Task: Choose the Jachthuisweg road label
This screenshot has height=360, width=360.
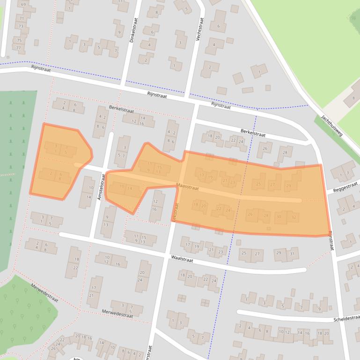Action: pos(332,126)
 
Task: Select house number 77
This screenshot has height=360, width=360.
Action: pos(19,48)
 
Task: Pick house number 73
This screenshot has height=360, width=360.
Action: pos(21,26)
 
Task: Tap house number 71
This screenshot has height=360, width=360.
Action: pos(21,18)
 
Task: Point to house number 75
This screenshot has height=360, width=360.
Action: pos(19,41)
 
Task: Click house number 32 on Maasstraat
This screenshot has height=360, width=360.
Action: pos(294,216)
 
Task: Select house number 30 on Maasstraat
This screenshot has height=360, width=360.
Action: pos(279,216)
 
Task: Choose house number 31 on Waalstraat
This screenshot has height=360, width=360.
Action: pos(292,253)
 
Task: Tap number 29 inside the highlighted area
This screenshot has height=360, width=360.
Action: pos(288,186)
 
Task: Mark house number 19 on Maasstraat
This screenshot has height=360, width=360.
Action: pos(210,177)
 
